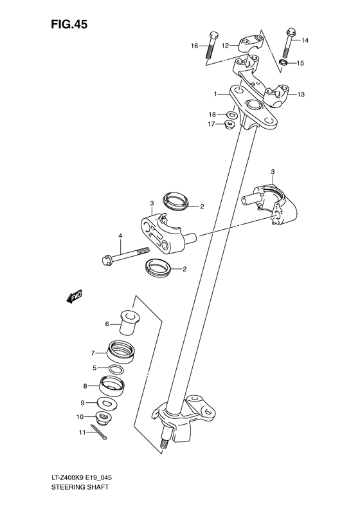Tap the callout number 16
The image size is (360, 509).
(x=194, y=46)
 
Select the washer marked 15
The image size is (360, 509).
(x=283, y=63)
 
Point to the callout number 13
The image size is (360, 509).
(x=301, y=95)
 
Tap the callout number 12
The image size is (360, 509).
(x=225, y=46)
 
